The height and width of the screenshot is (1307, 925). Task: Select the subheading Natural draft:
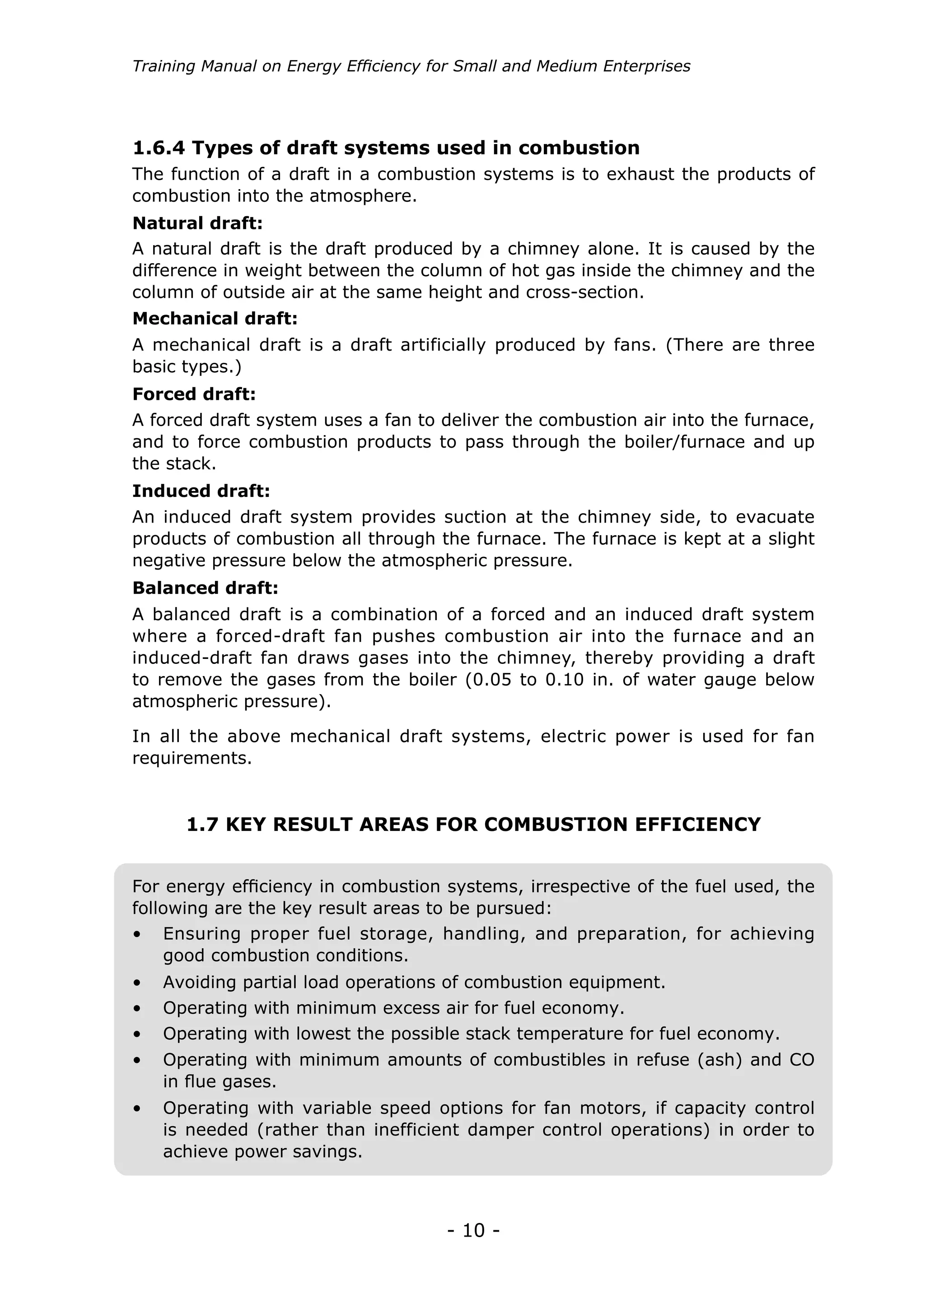coord(197,223)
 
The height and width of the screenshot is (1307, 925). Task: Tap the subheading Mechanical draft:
coord(215,318)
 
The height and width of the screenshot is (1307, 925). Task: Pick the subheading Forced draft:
coord(194,394)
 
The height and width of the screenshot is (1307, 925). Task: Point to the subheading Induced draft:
coord(201,491)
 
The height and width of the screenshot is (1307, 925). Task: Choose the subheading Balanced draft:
coord(205,588)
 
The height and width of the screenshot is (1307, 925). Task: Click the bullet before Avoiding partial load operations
coord(137,983)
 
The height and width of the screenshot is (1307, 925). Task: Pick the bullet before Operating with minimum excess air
coord(137,1009)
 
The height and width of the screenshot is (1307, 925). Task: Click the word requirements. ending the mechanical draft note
coord(192,758)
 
